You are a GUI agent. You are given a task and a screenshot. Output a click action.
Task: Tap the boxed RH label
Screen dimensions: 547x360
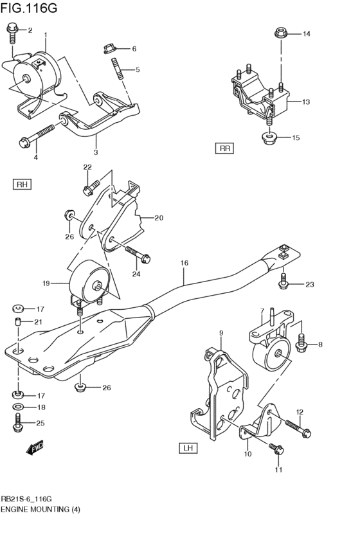point(22,185)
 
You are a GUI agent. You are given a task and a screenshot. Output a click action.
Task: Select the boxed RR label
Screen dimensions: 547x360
point(224,148)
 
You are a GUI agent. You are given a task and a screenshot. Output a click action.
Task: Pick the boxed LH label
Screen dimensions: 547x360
point(189,447)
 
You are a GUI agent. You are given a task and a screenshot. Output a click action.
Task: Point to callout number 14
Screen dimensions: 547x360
point(306,33)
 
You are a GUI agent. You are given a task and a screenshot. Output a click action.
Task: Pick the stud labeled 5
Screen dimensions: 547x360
point(118,69)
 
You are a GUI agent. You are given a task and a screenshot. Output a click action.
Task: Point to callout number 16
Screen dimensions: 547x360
point(184,263)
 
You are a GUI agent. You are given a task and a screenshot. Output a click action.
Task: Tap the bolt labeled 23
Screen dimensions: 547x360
point(283,282)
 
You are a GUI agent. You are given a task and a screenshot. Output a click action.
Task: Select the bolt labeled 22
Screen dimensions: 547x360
point(90,187)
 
